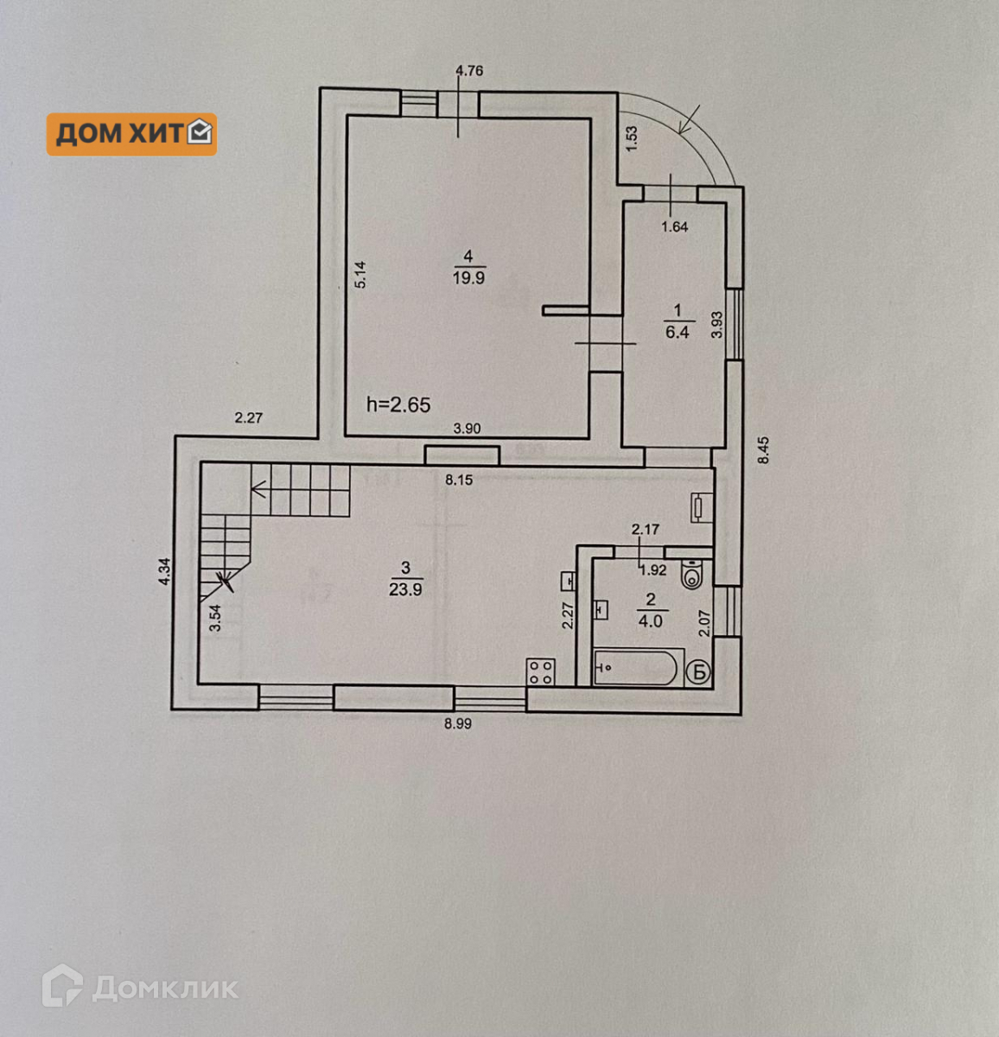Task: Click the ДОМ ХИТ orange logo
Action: click(x=131, y=134)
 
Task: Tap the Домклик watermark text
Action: click(x=164, y=988)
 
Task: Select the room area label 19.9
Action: click(x=468, y=278)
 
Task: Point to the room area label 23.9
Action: click(x=405, y=589)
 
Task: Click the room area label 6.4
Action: click(x=678, y=332)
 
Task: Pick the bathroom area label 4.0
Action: click(x=651, y=620)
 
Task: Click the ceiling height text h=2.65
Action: click(x=398, y=404)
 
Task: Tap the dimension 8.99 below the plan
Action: click(x=458, y=724)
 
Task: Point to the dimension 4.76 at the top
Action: click(x=468, y=71)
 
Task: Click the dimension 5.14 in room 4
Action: click(x=361, y=275)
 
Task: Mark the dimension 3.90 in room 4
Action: click(x=468, y=428)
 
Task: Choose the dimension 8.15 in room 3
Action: click(x=459, y=480)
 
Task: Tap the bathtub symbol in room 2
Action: click(x=638, y=667)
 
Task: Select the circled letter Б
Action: click(x=699, y=671)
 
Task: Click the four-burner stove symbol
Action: click(x=541, y=672)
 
